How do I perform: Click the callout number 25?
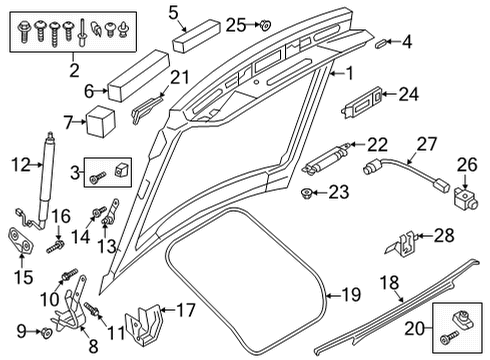coord(236,25)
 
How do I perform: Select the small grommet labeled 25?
coord(266,25)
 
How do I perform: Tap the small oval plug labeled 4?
coord(380,44)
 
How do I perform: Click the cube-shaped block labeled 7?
coord(101,122)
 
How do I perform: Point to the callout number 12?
coord(21,165)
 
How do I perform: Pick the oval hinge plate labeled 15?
coord(21,241)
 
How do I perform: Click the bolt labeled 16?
coord(55,246)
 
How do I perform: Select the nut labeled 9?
coord(46,332)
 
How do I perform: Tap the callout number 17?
coord(185,310)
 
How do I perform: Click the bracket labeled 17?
coord(143,325)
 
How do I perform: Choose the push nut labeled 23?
coord(306,193)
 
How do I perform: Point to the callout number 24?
coord(409,94)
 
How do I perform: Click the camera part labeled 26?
coord(466,198)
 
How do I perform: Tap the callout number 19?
coord(351,295)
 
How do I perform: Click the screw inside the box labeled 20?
coord(448,338)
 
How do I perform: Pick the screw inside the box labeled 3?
coord(98,178)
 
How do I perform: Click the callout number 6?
coord(89,91)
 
